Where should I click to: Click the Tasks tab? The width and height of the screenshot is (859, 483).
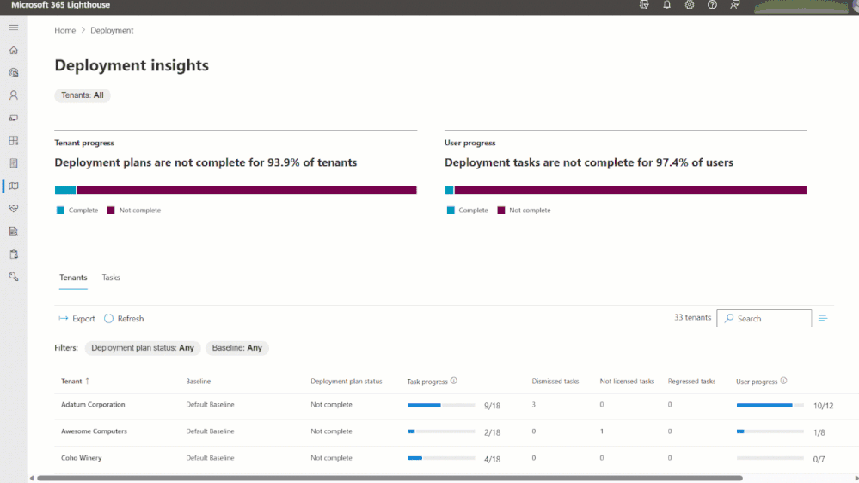[x=111, y=278]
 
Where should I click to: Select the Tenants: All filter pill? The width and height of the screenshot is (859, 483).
[x=83, y=95]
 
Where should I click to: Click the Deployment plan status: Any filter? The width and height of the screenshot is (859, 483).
[x=143, y=348]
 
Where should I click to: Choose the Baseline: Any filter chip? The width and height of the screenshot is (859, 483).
[x=237, y=348]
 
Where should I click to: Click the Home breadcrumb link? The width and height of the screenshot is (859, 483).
[x=65, y=30]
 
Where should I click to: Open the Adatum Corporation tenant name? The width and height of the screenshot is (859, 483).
[x=93, y=405]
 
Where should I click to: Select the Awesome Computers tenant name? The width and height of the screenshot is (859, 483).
[x=94, y=431]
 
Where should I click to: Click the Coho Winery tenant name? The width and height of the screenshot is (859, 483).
[x=82, y=458]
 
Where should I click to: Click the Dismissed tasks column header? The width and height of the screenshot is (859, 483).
[x=555, y=382]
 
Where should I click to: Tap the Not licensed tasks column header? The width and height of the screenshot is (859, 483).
[x=627, y=382]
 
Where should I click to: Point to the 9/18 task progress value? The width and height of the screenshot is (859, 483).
[x=492, y=406]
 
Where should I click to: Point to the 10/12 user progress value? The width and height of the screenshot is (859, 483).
[x=823, y=406]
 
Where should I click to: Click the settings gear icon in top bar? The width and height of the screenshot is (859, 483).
[x=690, y=5]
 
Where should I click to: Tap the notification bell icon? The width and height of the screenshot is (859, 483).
[x=667, y=5]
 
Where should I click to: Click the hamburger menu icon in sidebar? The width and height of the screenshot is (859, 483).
[x=14, y=28]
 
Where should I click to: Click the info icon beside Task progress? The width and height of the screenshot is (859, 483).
[x=454, y=382]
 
